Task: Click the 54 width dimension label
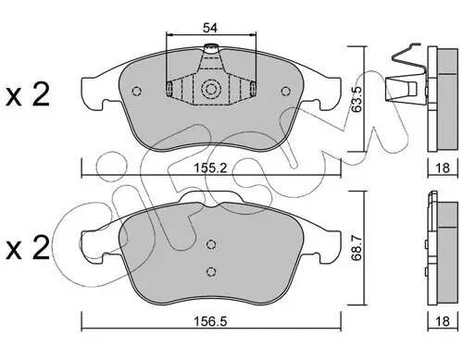point(211,28)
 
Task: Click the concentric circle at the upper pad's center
point(210,91)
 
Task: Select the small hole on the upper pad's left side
point(136,91)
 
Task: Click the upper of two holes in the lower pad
point(211,244)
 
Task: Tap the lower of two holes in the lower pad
point(211,271)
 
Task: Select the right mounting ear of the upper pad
point(331,88)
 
